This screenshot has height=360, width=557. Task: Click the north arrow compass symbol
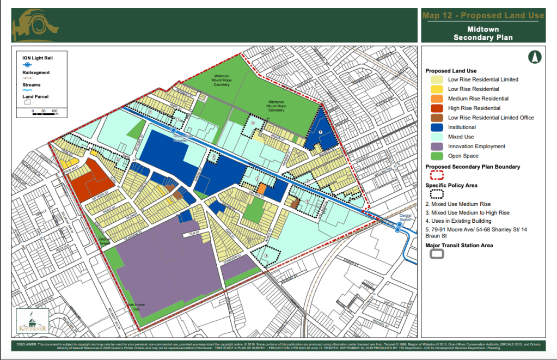coord(535,57)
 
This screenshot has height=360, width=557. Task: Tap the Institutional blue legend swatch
coord(436,127)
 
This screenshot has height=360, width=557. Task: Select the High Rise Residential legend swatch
coord(436,108)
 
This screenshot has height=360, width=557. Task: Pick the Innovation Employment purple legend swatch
coord(436,147)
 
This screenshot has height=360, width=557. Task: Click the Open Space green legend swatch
coord(436,156)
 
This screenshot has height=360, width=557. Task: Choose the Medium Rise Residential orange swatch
coord(436,99)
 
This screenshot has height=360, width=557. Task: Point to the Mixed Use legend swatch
coord(436,137)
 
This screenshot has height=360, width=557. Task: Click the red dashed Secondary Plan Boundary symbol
coord(437,175)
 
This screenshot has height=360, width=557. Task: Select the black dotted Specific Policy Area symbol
coord(437,194)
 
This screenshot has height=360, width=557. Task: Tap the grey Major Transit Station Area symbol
coord(437,254)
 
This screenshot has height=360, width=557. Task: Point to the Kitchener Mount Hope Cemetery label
coord(277,106)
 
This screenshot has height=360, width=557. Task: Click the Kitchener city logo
coord(33,321)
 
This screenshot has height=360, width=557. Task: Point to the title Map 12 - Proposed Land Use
coord(483,15)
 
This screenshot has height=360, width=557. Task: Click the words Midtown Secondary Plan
coord(483,33)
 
